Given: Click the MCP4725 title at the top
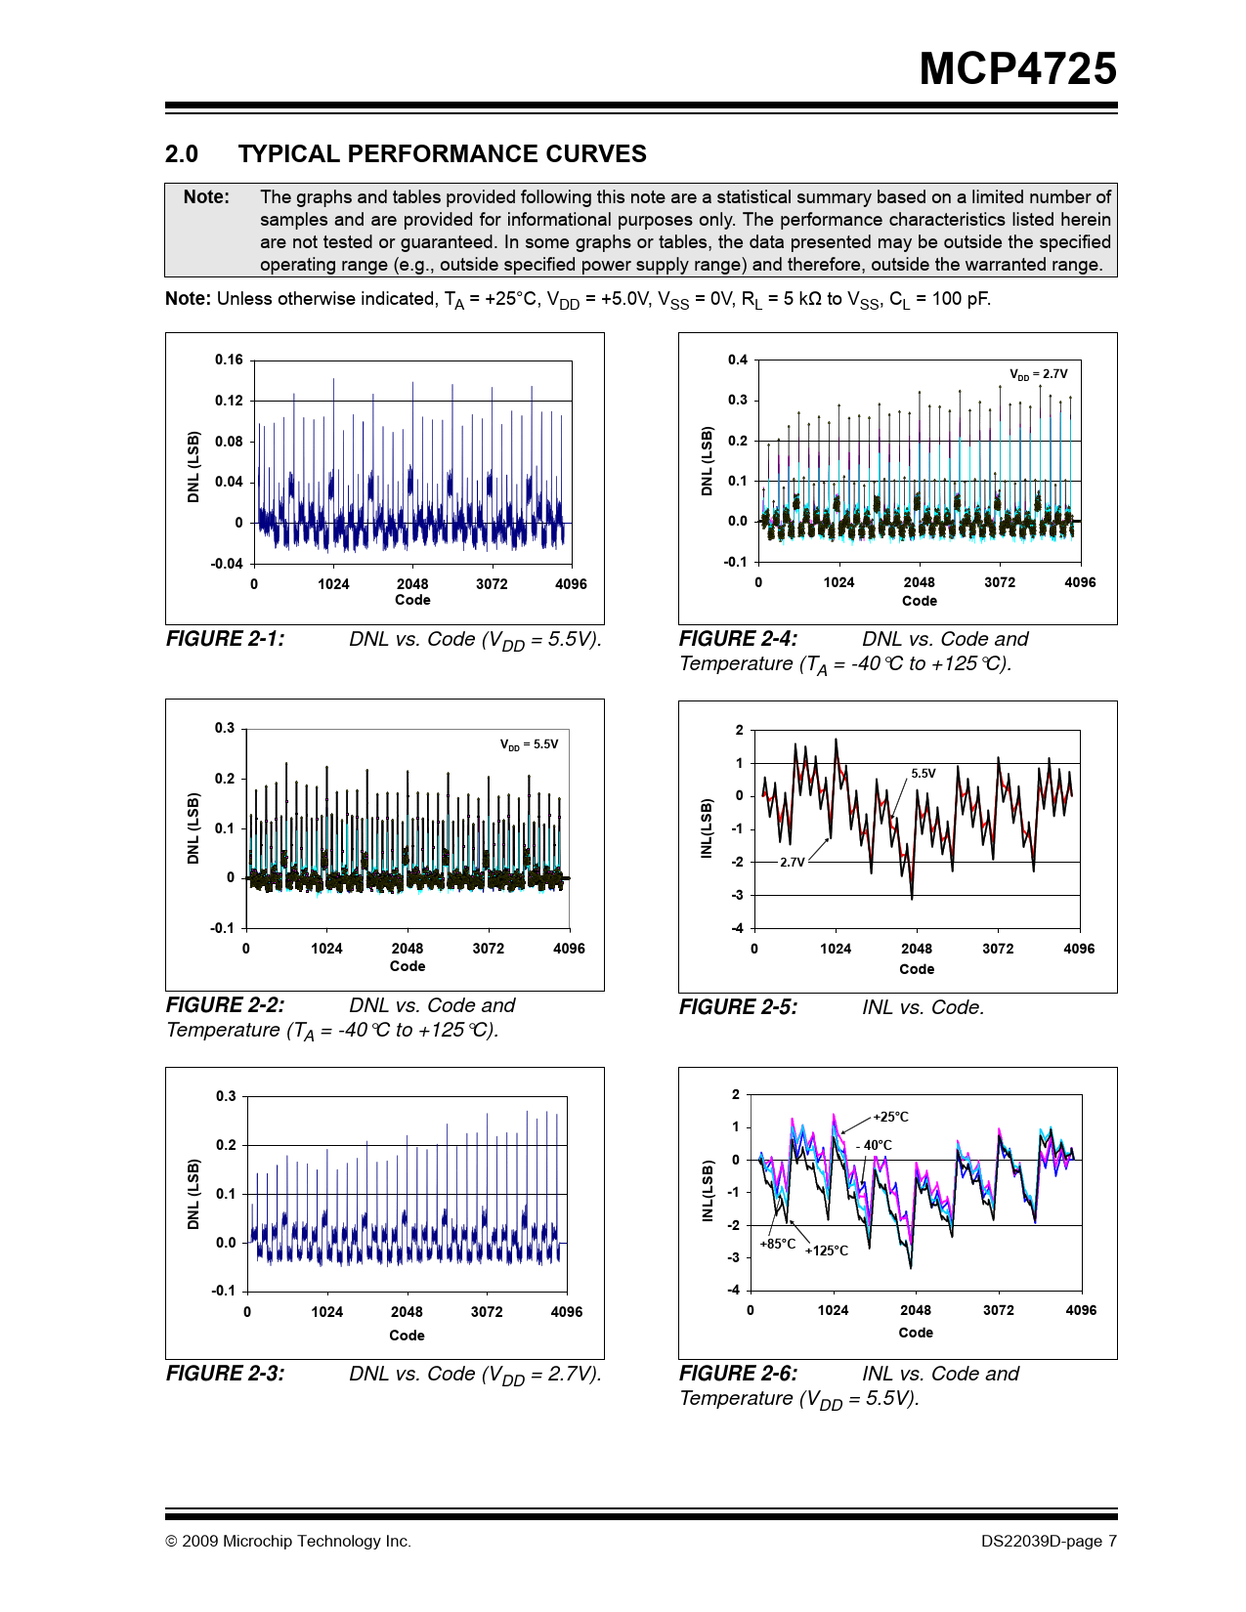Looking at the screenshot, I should tap(1017, 69).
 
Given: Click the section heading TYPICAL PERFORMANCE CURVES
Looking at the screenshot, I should tap(442, 154).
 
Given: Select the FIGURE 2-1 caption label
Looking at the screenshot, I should tap(226, 639).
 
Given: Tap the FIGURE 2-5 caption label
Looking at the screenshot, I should tap(738, 1007).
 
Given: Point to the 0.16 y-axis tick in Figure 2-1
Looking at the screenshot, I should tap(229, 360).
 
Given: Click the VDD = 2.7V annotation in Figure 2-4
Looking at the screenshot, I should tap(1038, 374).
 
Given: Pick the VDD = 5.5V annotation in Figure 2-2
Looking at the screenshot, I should tap(529, 744).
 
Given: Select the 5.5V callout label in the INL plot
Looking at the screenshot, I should tap(923, 774).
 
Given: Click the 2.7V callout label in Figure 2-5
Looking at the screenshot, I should tap(792, 863).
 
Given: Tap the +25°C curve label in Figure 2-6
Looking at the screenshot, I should tap(890, 1117).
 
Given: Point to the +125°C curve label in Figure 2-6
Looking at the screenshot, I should tap(826, 1251).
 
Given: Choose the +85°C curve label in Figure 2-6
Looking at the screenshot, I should tap(777, 1244).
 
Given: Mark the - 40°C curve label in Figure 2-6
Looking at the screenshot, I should tap(874, 1145).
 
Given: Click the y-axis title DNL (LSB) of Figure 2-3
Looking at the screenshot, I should tap(193, 1194).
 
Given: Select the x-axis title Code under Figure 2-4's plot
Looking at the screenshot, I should tap(919, 601).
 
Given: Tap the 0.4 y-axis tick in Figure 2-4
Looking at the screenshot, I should tap(738, 360).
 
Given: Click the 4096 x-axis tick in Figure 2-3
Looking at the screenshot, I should tap(567, 1312).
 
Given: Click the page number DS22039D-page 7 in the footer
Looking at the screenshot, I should tap(1049, 1542).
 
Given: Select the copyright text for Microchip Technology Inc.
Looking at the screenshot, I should tap(288, 1542).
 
